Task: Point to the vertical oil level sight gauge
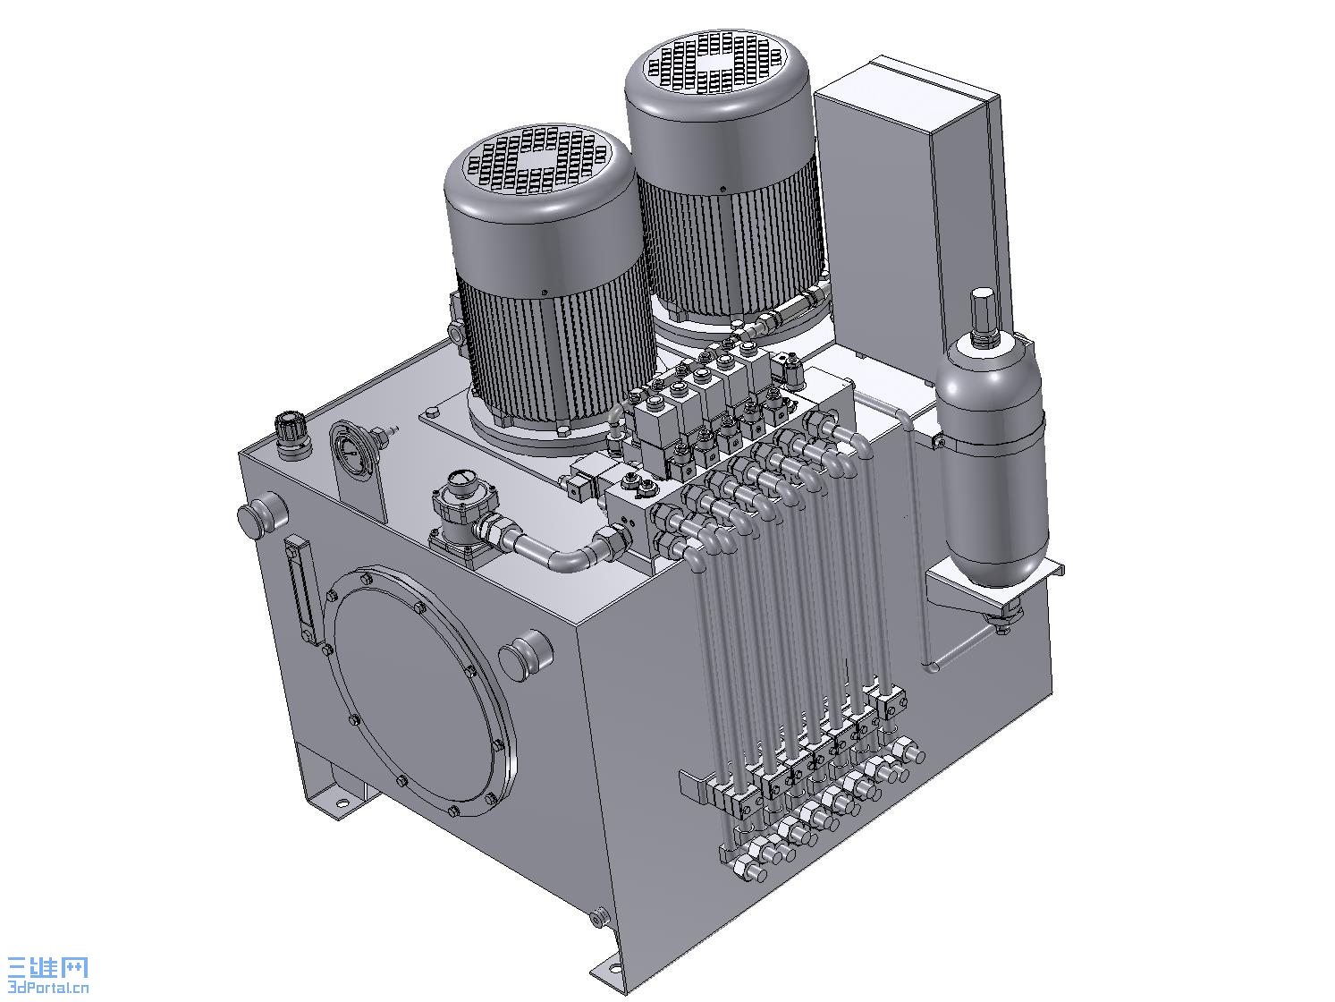pyautogui.click(x=302, y=589)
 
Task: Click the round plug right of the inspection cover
pyautogui.click(x=525, y=655)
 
